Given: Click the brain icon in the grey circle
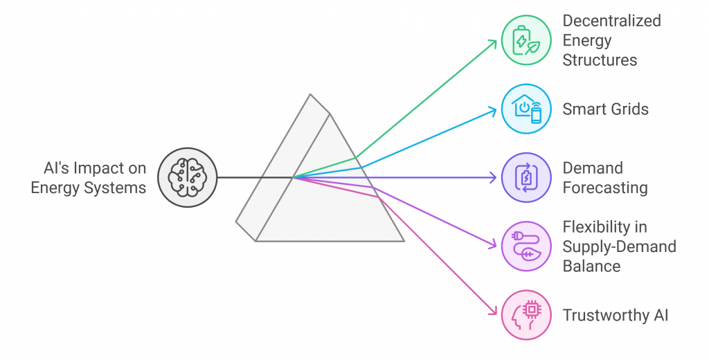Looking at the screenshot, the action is (187, 178).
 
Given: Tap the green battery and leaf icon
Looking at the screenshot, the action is (526, 40).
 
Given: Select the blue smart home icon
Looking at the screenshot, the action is (526, 109).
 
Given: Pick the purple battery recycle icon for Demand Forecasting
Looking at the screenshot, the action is (526, 178).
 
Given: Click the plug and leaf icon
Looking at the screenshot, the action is (526, 246).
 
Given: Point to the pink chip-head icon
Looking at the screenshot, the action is (526, 315).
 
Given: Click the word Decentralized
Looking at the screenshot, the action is (612, 21).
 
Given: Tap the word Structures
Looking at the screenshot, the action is (600, 60).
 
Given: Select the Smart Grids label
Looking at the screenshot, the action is (605, 109).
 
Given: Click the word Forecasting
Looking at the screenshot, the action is (605, 188).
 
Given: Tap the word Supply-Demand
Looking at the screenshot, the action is (620, 247).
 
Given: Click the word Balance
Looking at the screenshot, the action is (591, 266).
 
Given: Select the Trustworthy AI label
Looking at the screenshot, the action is (616, 315).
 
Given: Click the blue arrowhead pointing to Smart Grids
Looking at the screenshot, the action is (493, 110).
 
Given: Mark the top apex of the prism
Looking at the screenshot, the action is (310, 94).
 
